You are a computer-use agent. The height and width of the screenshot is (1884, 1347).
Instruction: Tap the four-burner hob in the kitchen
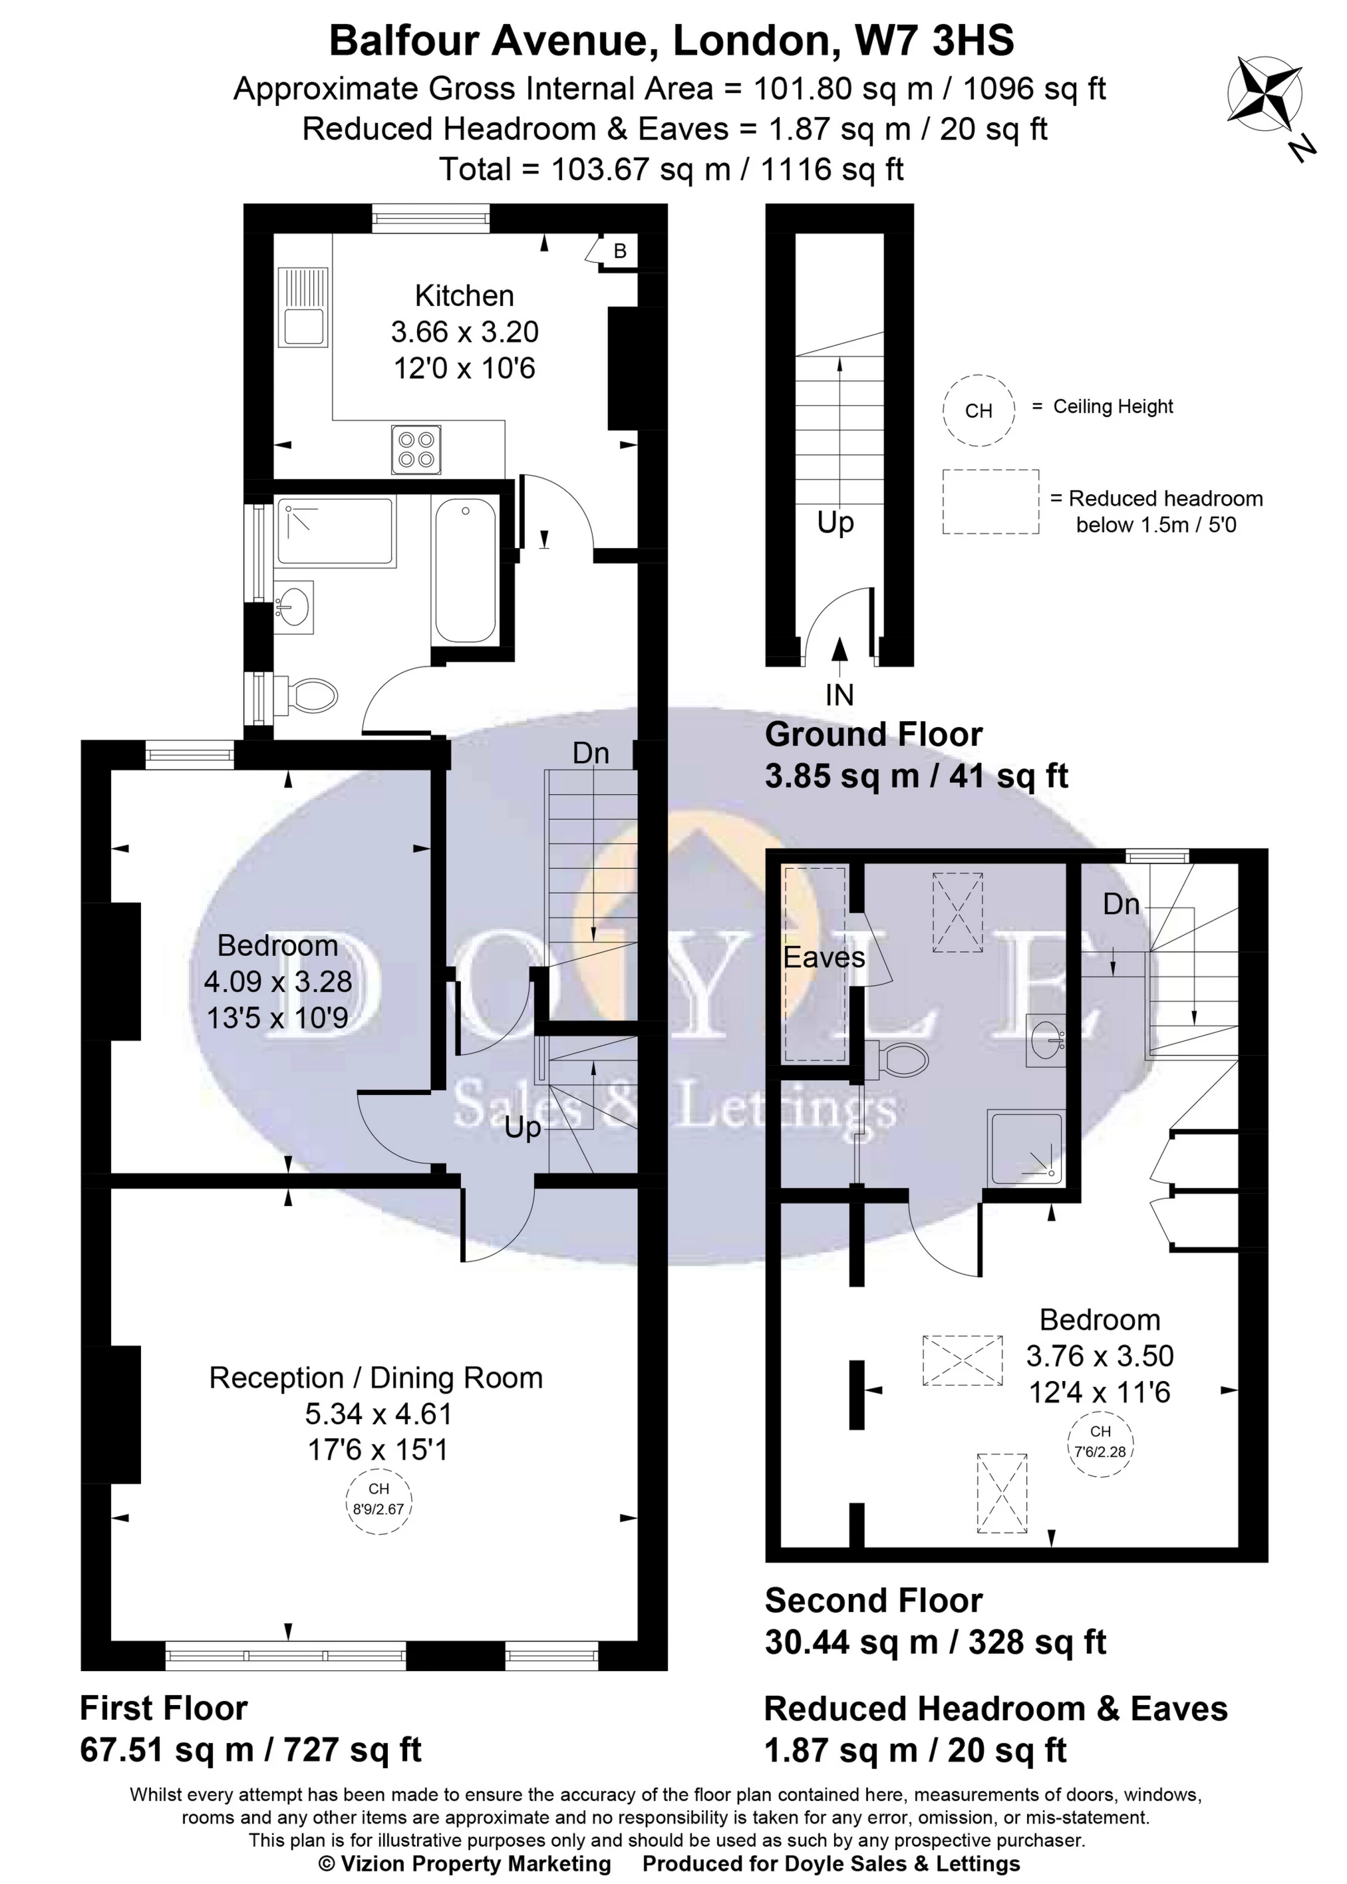click(x=416, y=450)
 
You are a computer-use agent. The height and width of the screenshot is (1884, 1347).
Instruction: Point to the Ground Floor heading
click(x=873, y=734)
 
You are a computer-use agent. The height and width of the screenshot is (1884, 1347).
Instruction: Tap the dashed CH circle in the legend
click(x=978, y=410)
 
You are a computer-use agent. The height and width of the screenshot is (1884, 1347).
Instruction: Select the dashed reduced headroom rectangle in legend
click(x=990, y=502)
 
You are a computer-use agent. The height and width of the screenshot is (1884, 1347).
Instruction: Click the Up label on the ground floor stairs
click(x=835, y=524)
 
